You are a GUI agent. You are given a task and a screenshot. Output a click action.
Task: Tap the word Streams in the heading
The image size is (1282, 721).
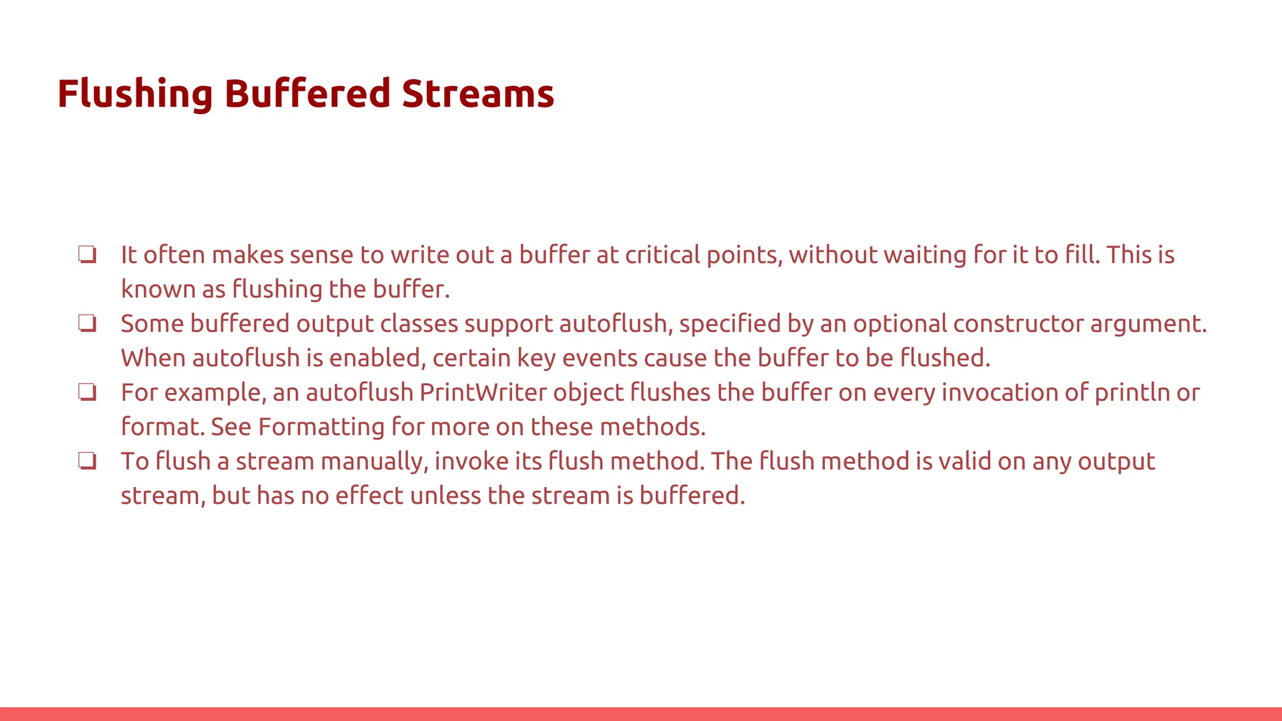[478, 94]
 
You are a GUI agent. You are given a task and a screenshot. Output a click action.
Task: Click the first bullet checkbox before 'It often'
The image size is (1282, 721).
[87, 255]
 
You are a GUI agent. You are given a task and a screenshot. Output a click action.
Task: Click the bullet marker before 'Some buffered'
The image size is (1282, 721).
[87, 324]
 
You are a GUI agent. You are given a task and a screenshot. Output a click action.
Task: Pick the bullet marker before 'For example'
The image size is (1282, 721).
[87, 392]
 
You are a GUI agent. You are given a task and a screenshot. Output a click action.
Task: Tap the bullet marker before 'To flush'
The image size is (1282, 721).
[87, 461]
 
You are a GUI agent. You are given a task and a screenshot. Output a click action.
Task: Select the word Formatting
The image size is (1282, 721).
[321, 427]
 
